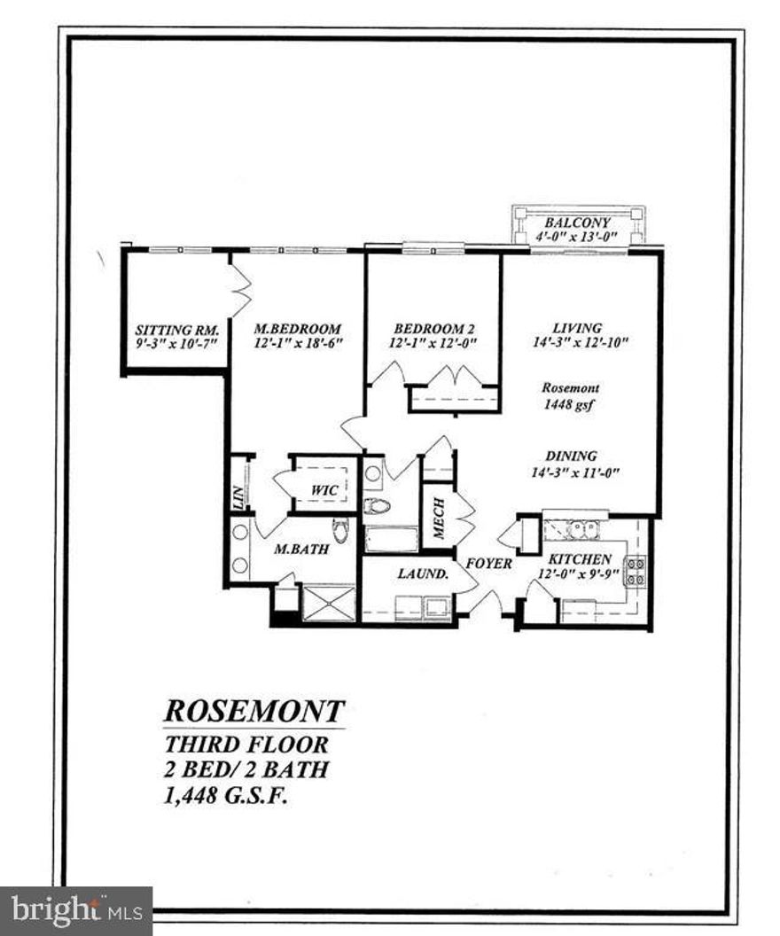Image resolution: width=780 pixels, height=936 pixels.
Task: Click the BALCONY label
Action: [x=578, y=222]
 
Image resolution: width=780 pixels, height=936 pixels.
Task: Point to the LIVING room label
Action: [x=577, y=327]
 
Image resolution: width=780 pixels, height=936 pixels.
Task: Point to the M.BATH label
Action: [x=301, y=550]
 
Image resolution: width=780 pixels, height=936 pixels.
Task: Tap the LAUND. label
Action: [x=422, y=573]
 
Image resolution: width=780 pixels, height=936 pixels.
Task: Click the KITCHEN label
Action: [x=579, y=559]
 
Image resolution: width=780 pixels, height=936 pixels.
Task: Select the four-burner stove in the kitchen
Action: [x=636, y=571]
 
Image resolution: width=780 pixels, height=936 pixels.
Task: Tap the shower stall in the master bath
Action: [x=328, y=603]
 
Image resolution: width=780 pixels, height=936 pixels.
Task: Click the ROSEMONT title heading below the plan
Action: [x=254, y=711]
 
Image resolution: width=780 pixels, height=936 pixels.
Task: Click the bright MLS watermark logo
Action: [x=75, y=910]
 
